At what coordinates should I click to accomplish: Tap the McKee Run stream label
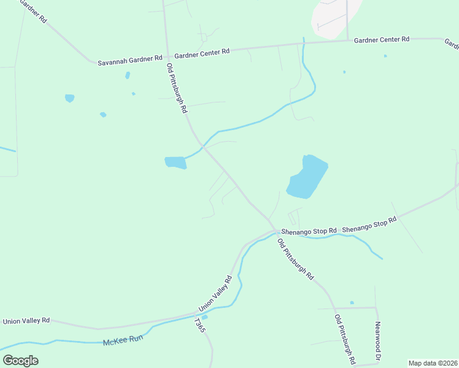click(x=123, y=342)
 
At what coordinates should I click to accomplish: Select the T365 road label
click(x=199, y=325)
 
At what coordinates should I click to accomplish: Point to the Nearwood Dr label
click(x=378, y=341)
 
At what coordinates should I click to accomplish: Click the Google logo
click(x=20, y=361)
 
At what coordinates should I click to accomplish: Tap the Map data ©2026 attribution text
click(x=433, y=363)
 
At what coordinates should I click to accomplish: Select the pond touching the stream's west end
click(x=175, y=163)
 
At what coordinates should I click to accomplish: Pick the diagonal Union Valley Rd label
click(x=215, y=294)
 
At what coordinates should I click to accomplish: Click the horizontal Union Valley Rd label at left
click(x=26, y=321)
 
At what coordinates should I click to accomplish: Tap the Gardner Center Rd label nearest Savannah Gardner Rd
click(x=201, y=52)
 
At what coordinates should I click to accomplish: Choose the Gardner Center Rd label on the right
click(x=381, y=39)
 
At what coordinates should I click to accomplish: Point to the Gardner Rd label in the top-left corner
click(x=34, y=11)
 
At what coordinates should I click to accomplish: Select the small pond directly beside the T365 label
click(x=204, y=316)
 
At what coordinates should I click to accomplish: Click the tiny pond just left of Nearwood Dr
click(x=352, y=302)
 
